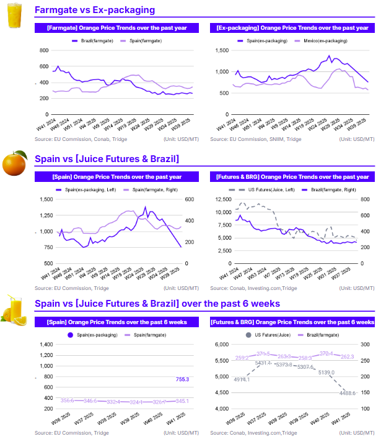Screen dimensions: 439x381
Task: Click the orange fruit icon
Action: (14, 163)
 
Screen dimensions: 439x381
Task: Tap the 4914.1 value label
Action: (242, 379)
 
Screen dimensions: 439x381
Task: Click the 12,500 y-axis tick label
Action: (220, 199)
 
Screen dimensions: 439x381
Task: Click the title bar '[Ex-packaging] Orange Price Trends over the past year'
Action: (292, 28)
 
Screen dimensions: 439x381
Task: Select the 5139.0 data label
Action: (326, 373)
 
